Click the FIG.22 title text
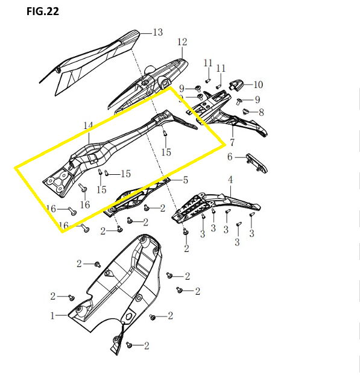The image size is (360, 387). click(43, 11)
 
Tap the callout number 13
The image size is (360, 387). click(158, 33)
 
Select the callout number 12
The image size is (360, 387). click(182, 42)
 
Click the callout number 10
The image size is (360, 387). click(258, 84)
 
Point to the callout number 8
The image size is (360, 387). click(261, 112)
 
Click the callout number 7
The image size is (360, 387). click(232, 142)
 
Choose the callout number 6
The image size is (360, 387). click(230, 157)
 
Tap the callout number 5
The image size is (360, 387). click(186, 180)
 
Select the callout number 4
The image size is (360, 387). click(230, 180)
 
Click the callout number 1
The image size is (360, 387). click(52, 316)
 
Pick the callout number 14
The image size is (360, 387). click(88, 125)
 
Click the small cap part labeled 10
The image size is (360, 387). click(236, 85)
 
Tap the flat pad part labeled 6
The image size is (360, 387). click(256, 163)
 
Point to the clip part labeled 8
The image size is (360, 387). click(245, 112)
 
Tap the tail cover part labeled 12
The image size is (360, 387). click(148, 84)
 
